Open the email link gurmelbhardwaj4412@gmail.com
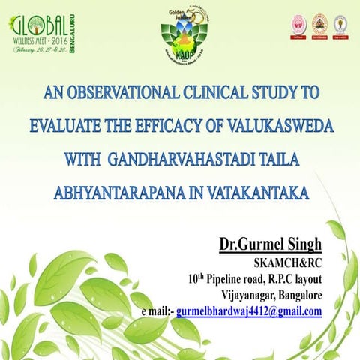(249, 310)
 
